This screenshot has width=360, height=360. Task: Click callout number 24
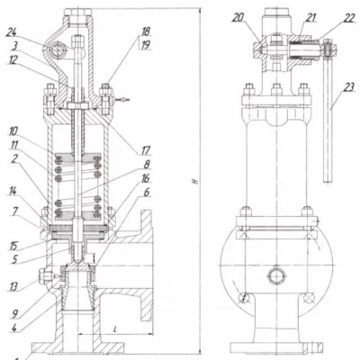12,32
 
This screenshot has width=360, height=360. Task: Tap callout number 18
146,31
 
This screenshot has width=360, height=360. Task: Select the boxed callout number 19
146,45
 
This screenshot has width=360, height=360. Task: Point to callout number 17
146,150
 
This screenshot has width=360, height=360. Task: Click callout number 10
13,131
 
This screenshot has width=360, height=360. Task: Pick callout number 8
147,165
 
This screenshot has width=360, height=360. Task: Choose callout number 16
146,179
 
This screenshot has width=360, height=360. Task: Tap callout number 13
13,287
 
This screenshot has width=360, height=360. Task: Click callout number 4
13,328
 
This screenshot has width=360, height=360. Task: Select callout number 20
238,18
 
